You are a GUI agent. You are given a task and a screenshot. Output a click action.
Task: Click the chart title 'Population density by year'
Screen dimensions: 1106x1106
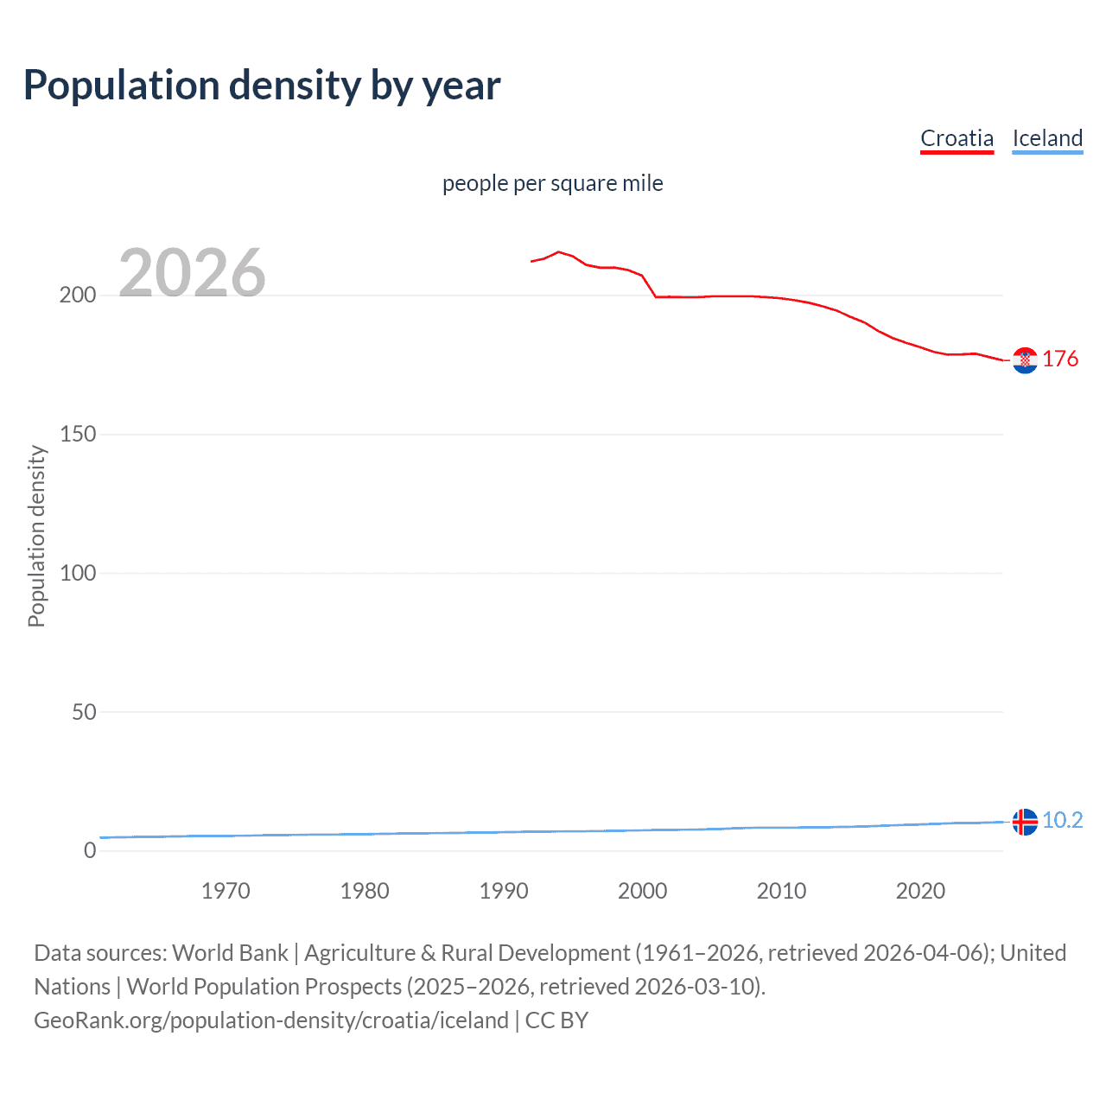(262, 86)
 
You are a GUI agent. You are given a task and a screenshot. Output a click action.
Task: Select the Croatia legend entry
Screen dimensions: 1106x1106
(957, 138)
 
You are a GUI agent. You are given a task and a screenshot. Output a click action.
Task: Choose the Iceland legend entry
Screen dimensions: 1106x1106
(1047, 138)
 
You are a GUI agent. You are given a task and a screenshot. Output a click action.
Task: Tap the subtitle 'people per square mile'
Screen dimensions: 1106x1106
(552, 184)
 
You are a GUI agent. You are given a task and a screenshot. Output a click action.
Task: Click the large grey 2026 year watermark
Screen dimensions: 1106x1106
(192, 273)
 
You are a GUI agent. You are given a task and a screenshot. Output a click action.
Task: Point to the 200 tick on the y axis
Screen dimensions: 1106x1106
(78, 296)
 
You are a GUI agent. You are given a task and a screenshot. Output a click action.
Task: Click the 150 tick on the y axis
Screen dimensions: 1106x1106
(78, 435)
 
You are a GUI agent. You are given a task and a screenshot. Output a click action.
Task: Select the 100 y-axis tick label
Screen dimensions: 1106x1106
(78, 573)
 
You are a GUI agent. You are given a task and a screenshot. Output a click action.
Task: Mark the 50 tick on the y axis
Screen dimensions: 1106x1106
(83, 712)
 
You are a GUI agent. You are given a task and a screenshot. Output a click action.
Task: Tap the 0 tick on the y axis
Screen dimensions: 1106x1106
(90, 851)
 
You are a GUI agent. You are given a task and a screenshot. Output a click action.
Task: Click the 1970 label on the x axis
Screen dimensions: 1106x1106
(226, 891)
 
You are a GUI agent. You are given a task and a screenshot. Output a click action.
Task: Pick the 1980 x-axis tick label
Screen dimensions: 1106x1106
(365, 891)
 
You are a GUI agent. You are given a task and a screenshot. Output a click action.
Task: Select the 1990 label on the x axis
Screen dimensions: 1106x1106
(504, 891)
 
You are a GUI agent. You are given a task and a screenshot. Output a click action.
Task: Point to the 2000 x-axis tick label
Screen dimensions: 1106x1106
(642, 891)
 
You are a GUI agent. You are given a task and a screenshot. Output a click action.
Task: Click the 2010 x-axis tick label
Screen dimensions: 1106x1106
(781, 891)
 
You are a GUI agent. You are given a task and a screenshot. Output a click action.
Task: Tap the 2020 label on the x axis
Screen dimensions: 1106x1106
(920, 891)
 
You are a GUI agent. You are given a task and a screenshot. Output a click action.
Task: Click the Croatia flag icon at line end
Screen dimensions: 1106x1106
(1025, 360)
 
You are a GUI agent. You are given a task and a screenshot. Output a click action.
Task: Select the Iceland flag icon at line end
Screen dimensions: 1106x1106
(1025, 822)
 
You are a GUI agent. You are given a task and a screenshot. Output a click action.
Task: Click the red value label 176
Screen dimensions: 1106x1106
(1060, 359)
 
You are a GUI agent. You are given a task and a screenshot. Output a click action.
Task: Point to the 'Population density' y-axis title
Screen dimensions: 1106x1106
(36, 536)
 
